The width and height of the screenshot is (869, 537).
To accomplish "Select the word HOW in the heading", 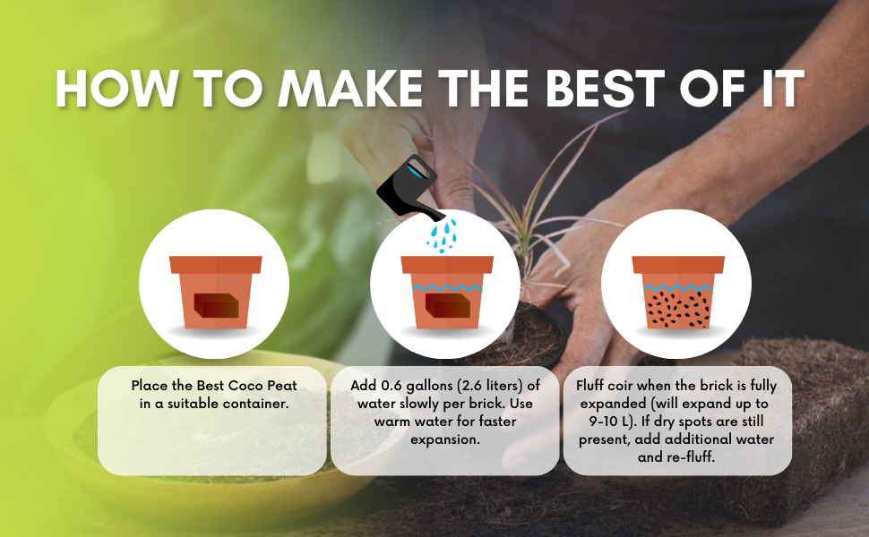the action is pyautogui.click(x=117, y=89).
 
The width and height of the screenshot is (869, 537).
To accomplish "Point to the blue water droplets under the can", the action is pyautogui.click(x=442, y=236).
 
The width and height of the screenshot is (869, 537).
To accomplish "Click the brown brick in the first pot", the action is pyautogui.click(x=216, y=305).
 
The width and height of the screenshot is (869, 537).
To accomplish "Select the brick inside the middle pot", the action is pyautogui.click(x=448, y=305).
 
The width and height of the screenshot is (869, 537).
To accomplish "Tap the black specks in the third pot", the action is pyautogui.click(x=678, y=309).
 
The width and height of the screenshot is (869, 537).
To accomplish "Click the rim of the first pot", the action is pyautogui.click(x=216, y=265).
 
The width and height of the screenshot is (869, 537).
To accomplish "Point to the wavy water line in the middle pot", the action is pyautogui.click(x=447, y=287).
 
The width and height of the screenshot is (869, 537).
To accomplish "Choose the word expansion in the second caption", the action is pyautogui.click(x=445, y=439).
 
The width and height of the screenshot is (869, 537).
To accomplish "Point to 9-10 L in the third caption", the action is pyautogui.click(x=612, y=422).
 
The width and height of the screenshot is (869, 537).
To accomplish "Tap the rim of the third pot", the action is pyautogui.click(x=678, y=265).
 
